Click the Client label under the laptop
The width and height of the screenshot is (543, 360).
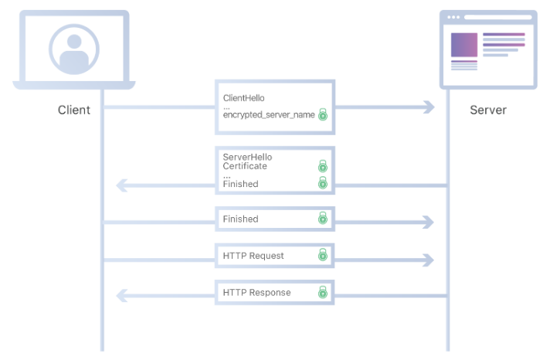74,110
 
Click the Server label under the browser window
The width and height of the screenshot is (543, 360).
488,110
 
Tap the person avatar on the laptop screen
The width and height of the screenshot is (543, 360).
74,48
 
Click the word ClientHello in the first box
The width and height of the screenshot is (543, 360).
243,98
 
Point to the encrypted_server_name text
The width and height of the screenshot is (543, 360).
269,114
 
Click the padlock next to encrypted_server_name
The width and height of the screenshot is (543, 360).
323,115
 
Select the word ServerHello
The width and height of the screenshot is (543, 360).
247,157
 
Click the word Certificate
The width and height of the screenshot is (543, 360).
245,166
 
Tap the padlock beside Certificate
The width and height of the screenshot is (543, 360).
323,166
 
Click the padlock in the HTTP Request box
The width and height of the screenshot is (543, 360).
323,255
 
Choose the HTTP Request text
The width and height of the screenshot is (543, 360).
253,256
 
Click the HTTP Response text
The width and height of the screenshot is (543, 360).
256,293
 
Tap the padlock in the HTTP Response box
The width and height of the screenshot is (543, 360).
323,293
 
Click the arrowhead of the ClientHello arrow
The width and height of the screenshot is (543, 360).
427,107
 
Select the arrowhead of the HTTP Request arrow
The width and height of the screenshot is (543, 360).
427,260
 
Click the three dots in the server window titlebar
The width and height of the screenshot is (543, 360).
453,17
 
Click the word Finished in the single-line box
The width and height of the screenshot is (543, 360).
240,219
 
